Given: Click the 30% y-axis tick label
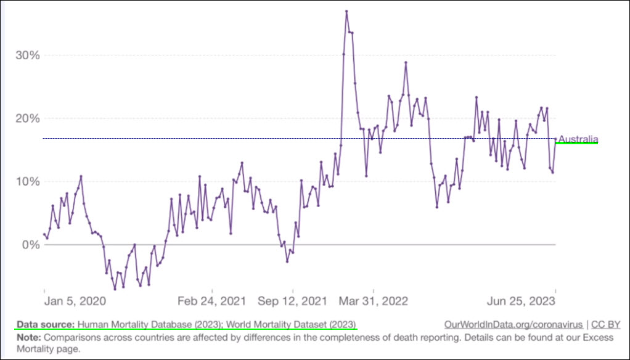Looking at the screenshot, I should point(28,55).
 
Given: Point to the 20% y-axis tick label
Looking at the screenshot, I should point(28,118).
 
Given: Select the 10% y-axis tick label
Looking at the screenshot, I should point(28,182).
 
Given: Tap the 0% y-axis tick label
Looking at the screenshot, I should point(31,245).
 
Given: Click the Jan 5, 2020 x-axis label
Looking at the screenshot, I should point(75,301).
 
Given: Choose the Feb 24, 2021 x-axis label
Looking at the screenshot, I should point(211,301).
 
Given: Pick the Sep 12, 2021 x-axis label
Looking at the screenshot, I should point(293,301).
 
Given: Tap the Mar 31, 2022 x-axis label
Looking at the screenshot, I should point(374,301).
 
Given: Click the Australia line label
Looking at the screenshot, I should point(578,139).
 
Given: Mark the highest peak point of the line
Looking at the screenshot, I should point(347,11).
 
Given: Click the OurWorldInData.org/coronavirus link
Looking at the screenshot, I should point(513,324).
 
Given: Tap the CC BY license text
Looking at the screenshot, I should point(605,324).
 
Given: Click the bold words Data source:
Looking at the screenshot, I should point(46,324).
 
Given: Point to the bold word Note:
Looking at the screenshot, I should point(28,338).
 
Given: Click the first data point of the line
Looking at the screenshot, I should point(44,235).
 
